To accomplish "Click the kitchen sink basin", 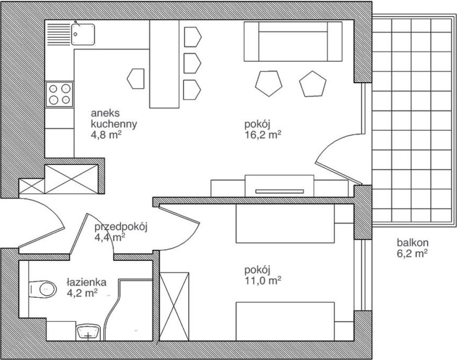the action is pyautogui.click(x=83, y=34).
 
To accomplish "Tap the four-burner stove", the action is pyautogui.click(x=59, y=94).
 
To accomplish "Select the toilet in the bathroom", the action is pyautogui.click(x=43, y=289).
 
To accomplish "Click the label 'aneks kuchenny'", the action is pyautogui.click(x=114, y=119).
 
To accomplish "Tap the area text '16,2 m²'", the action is pyautogui.click(x=262, y=135).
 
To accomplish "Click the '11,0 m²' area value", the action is pyautogui.click(x=262, y=280).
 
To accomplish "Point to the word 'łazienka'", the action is pyautogui.click(x=86, y=282).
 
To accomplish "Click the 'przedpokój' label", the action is pyautogui.click(x=121, y=227).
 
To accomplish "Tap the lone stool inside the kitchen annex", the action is pyautogui.click(x=136, y=79).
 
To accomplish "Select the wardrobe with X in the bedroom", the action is pyautogui.click(x=175, y=307).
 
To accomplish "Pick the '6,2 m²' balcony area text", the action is pyautogui.click(x=412, y=254).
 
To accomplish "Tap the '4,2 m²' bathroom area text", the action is pyautogui.click(x=82, y=293).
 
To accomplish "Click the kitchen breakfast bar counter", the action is pyautogui.click(x=164, y=64).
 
